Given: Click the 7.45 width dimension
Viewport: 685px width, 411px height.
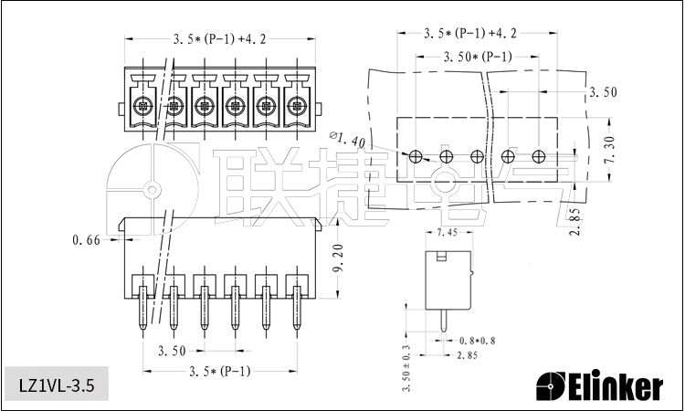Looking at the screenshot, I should (x=448, y=233).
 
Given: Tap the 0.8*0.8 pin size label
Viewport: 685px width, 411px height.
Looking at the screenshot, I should (x=477, y=340).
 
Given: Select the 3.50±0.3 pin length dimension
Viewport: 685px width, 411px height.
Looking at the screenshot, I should (x=406, y=368).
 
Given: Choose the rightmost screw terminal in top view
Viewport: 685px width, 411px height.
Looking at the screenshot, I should (x=295, y=104).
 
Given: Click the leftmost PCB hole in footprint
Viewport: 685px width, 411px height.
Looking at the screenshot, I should (x=416, y=156).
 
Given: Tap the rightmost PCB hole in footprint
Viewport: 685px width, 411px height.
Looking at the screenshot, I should (x=539, y=156).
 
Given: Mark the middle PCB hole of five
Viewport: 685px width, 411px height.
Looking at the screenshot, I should (x=477, y=156).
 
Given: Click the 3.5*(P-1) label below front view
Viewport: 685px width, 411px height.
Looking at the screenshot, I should (x=219, y=372).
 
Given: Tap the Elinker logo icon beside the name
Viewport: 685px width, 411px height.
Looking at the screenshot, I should (x=551, y=386).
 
